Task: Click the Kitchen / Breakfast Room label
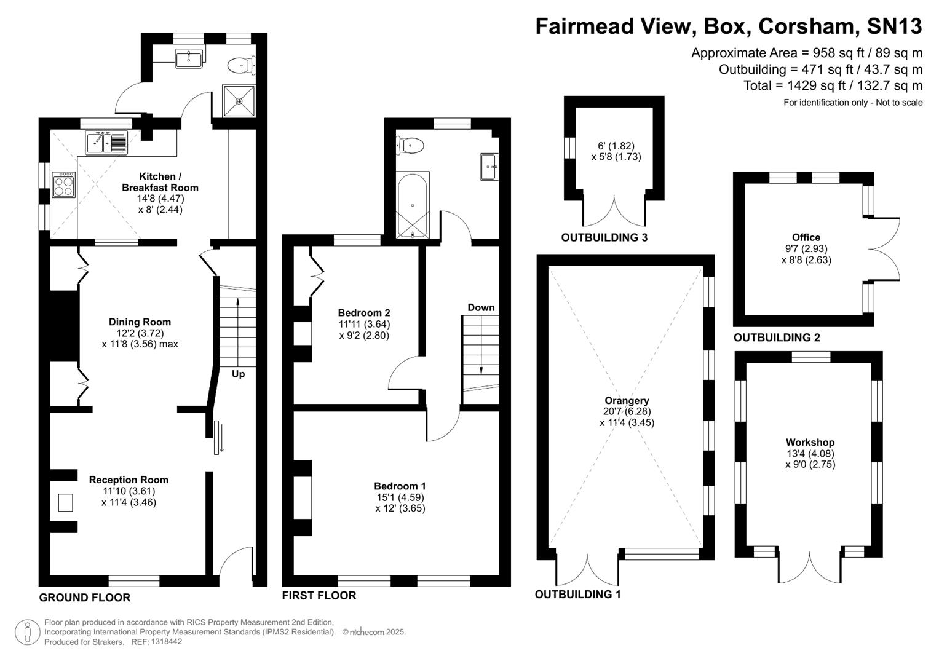(x=160, y=182)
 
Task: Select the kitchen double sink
(x=107, y=143)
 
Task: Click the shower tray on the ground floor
(x=239, y=101)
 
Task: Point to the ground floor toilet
(x=240, y=64)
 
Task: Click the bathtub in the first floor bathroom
(x=412, y=205)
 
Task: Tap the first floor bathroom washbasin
(x=489, y=167)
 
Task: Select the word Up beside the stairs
(x=238, y=374)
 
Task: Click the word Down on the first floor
(x=481, y=307)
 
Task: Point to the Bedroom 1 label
(x=400, y=486)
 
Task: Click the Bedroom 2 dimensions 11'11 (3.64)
(x=364, y=324)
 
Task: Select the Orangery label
(x=627, y=400)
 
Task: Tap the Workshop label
(x=810, y=442)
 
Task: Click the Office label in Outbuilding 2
(x=806, y=237)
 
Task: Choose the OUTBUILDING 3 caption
(x=604, y=237)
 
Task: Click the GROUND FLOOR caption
(x=84, y=598)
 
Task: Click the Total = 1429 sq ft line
(x=833, y=85)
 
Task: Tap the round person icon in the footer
(x=27, y=632)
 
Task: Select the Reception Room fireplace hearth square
(x=66, y=502)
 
